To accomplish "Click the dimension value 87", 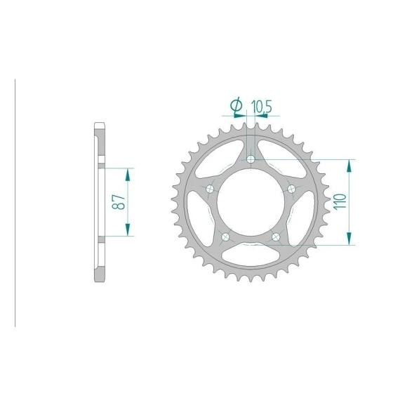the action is click(119, 202).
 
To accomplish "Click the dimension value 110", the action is click(340, 202).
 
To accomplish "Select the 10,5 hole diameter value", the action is click(262, 107).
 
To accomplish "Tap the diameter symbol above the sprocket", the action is click(236, 105).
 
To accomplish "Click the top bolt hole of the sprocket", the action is click(251, 159).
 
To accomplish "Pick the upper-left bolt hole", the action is click(211, 189).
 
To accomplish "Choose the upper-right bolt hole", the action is click(291, 189).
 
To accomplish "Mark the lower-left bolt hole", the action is click(226, 237).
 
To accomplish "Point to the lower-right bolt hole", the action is click(276, 237).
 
